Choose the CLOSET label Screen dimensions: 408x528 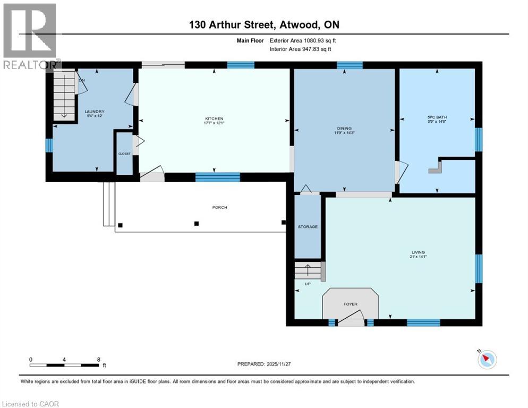tap(124, 154)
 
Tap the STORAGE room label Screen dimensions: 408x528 tap(308, 227)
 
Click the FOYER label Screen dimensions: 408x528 tap(350, 304)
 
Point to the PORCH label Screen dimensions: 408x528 tap(219, 207)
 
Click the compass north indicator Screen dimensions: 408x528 tap(486, 360)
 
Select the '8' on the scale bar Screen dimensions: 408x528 tap(99, 360)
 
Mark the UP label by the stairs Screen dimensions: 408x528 tap(307, 284)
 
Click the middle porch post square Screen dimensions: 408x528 tap(197, 224)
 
